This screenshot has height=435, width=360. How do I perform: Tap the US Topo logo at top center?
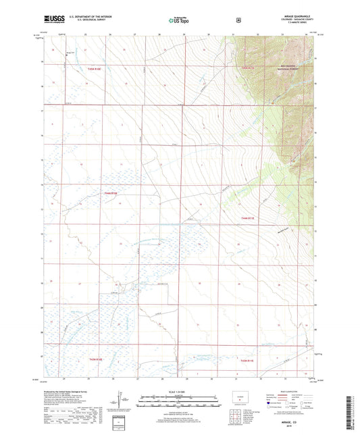pos(179,20)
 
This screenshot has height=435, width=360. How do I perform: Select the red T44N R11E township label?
pos(249,217)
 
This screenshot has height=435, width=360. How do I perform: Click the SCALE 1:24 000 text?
pos(179,392)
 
